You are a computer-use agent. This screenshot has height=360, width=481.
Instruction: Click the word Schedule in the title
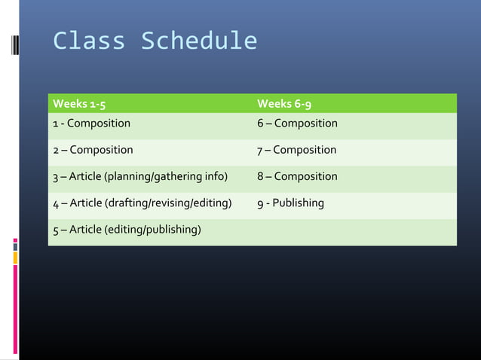[198, 41]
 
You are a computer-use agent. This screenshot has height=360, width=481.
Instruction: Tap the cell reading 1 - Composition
[91, 124]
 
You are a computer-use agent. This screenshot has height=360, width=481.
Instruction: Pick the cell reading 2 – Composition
[93, 150]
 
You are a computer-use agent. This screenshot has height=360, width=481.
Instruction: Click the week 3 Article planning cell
[140, 177]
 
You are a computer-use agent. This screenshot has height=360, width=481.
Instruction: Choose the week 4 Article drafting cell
[142, 203]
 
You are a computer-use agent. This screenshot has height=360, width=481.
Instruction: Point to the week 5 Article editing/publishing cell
[126, 230]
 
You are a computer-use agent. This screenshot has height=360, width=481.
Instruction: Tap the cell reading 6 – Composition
[297, 124]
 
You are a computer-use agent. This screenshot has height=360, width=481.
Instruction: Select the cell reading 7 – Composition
[296, 150]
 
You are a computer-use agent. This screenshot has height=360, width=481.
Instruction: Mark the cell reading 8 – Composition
[297, 177]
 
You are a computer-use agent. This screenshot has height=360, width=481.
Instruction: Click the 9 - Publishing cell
[290, 203]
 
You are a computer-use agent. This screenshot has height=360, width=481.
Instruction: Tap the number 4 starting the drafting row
[56, 203]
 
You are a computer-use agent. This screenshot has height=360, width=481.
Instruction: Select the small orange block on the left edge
[15, 258]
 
